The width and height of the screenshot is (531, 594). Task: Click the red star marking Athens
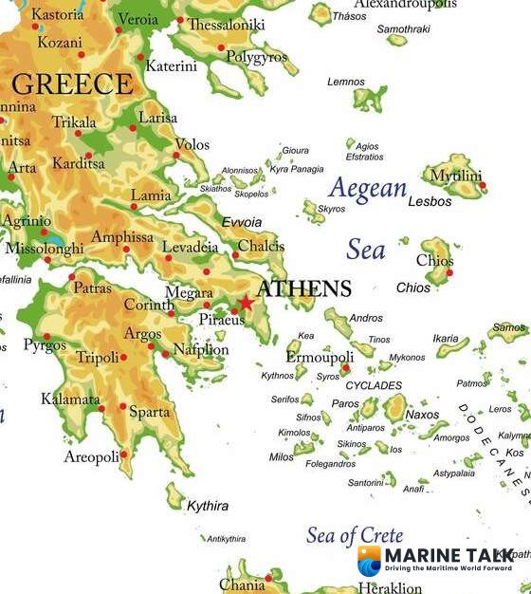[247, 303]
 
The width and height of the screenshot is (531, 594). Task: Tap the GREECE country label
[73, 84]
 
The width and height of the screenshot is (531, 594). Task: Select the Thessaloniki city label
[226, 26]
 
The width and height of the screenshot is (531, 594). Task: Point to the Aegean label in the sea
[367, 189]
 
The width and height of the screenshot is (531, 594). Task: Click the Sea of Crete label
[354, 536]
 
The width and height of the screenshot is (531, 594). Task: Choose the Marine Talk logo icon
[369, 561]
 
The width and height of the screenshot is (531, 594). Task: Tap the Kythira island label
[207, 506]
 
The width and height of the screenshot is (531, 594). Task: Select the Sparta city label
[149, 412]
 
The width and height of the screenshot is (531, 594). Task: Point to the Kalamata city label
[70, 399]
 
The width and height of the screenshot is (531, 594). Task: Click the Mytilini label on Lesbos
[455, 176]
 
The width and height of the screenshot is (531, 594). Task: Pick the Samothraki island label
[404, 29]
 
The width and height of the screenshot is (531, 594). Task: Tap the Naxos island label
[422, 415]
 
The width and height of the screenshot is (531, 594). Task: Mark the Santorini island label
[365, 483]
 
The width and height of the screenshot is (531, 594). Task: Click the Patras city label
[92, 288]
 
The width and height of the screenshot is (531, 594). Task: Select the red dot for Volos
[175, 155]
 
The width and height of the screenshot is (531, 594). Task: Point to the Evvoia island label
[241, 221]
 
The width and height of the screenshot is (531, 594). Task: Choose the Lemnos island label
[345, 83]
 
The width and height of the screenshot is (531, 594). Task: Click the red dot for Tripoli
[123, 358]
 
